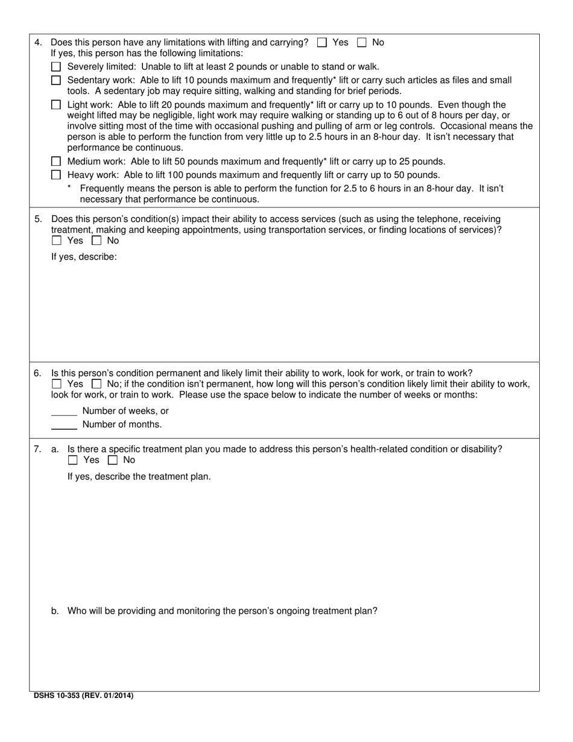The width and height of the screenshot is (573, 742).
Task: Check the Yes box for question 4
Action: click(x=322, y=42)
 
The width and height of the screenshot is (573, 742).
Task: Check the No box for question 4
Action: click(x=362, y=42)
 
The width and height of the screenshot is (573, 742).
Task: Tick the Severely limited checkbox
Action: click(x=56, y=67)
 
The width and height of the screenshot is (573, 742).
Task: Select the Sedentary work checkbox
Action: click(x=56, y=80)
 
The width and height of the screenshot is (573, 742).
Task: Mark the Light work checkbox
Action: click(x=56, y=105)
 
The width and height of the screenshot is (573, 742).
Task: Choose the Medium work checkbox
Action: click(x=56, y=162)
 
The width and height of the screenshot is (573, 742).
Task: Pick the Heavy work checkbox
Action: click(x=56, y=175)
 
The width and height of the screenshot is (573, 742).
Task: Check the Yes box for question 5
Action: click(x=57, y=241)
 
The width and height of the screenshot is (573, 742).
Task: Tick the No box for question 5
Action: click(x=97, y=241)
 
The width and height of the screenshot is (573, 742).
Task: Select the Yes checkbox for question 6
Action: click(x=57, y=384)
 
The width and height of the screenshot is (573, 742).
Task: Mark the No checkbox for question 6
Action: click(x=97, y=384)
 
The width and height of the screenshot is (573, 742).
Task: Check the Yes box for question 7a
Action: click(x=73, y=460)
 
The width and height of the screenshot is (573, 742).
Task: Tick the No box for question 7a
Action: click(x=113, y=460)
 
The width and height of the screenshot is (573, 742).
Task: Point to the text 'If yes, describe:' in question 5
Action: click(x=84, y=256)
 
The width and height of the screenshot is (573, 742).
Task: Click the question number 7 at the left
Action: click(x=37, y=449)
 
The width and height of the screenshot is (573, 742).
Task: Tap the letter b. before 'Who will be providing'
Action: click(x=55, y=611)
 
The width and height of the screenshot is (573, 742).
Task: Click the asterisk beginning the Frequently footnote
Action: click(x=69, y=188)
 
